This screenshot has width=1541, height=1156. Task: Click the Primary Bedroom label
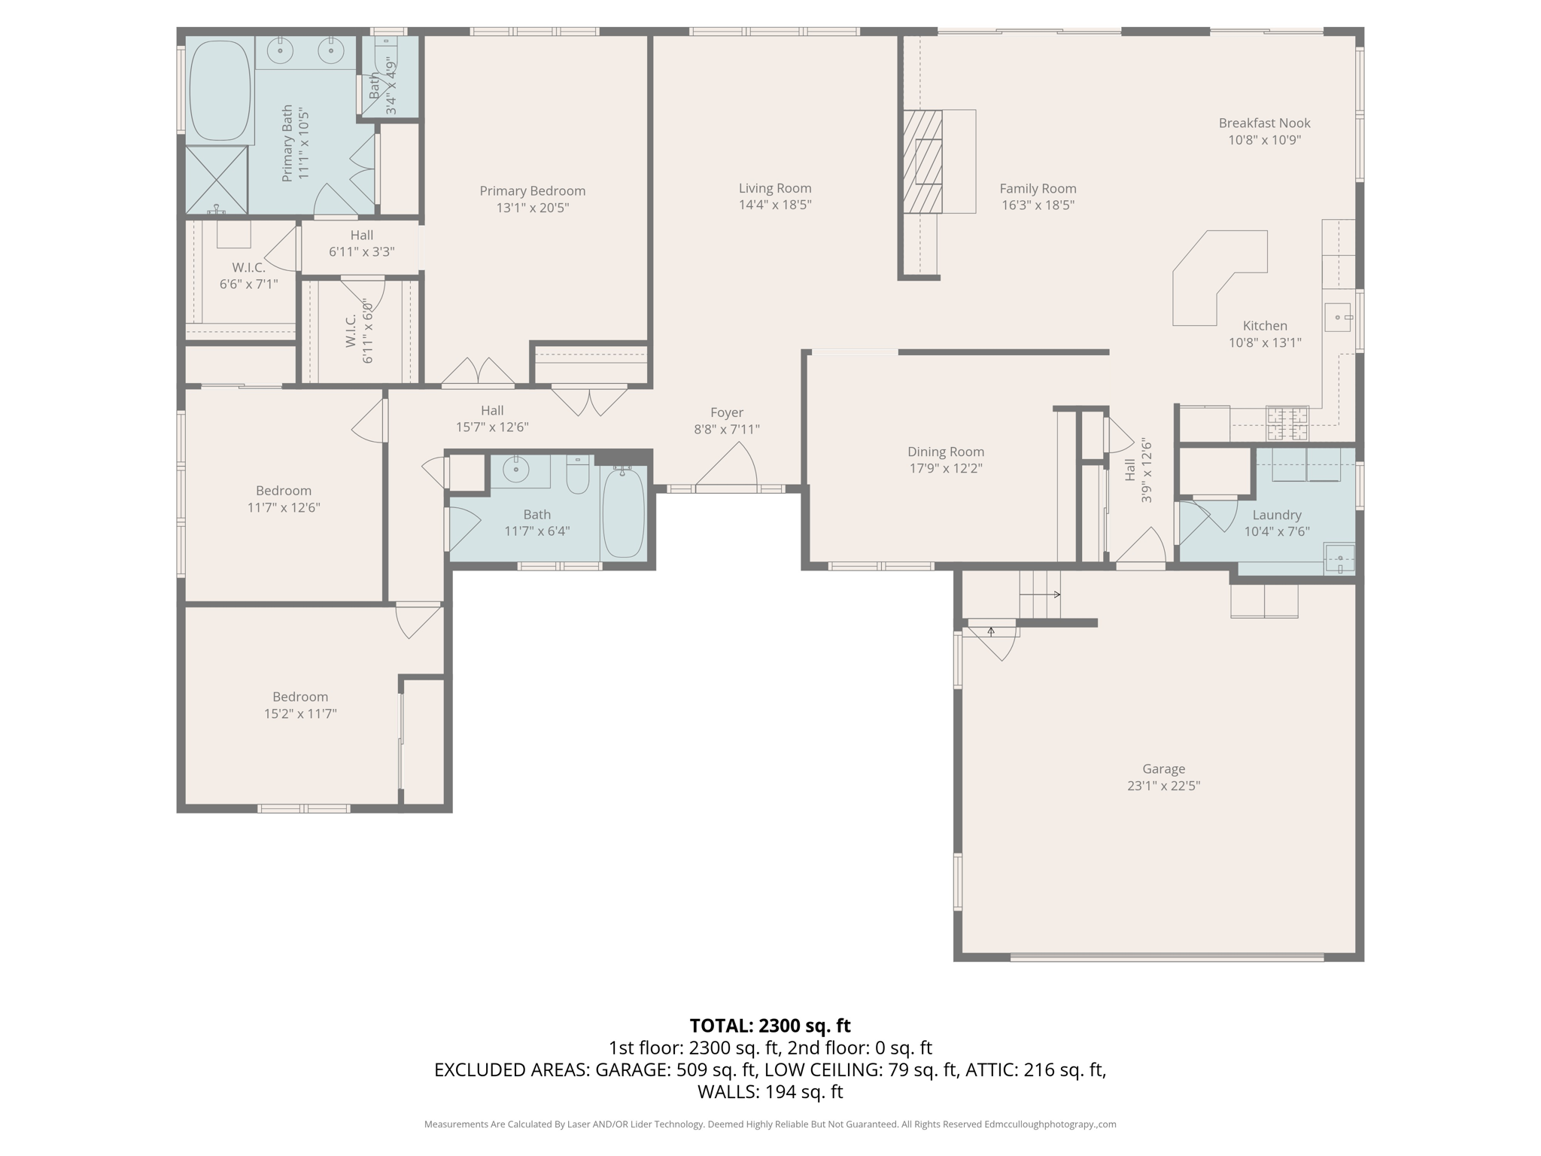[532, 191]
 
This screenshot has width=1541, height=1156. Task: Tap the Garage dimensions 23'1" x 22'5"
[1163, 786]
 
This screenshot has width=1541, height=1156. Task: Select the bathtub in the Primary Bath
[220, 91]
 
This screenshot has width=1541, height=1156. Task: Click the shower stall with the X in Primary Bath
[217, 180]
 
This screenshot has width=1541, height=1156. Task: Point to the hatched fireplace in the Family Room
[922, 162]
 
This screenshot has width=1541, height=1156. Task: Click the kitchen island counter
[1211, 278]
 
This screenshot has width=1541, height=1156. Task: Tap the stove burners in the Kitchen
[1287, 423]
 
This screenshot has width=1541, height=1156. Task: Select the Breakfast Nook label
[1264, 123]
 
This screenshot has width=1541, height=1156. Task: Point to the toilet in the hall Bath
[578, 475]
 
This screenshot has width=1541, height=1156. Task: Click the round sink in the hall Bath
[516, 470]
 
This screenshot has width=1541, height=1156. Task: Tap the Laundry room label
[1276, 515]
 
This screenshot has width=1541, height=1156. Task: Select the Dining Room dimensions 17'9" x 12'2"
[945, 468]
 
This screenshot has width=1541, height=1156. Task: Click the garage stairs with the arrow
[1039, 594]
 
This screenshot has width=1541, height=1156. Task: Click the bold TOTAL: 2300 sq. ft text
[770, 1026]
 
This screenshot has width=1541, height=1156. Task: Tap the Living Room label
[774, 188]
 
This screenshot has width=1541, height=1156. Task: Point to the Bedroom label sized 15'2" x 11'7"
[299, 697]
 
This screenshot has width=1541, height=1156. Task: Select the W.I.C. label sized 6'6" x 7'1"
[248, 268]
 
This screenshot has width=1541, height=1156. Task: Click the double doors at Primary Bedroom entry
[478, 371]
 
